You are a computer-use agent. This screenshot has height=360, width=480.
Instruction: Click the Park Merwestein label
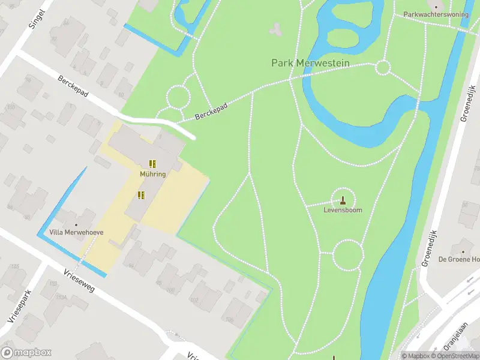[x=310, y=63]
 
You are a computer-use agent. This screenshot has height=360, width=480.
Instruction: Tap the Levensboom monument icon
[x=343, y=200]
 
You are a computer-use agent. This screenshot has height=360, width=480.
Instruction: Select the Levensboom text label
[x=343, y=211]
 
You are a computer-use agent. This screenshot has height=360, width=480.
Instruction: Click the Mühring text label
[x=153, y=174]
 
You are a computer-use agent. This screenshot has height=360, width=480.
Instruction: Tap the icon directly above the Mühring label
[x=153, y=163]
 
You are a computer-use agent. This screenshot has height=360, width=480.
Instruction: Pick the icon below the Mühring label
[x=141, y=195]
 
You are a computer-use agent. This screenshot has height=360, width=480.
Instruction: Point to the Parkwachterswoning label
[x=435, y=14]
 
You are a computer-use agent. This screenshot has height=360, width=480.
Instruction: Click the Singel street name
[x=37, y=19]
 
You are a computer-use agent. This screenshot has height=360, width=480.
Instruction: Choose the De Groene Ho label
[x=459, y=259]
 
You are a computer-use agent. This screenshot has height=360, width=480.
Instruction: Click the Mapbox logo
[x=26, y=353]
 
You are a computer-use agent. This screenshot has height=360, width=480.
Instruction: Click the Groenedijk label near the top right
[x=466, y=106]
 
